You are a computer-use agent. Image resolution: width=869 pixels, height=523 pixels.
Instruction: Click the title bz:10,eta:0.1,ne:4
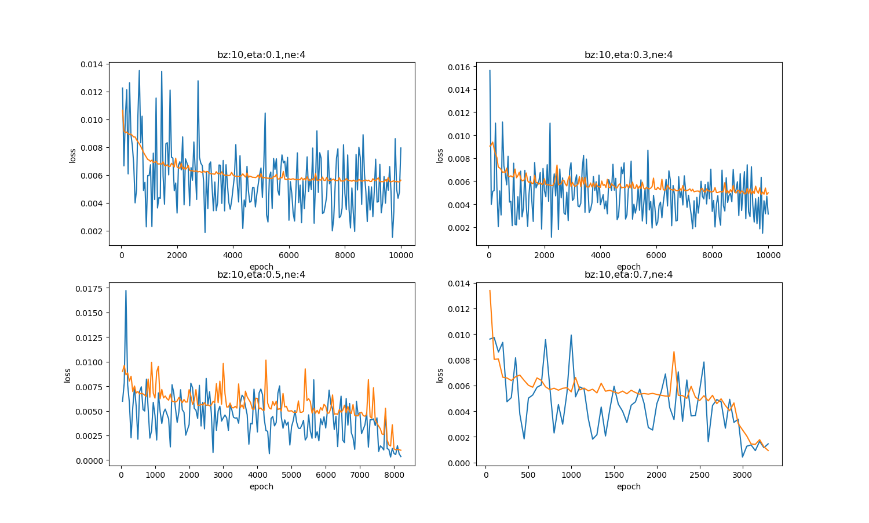[x=261, y=55]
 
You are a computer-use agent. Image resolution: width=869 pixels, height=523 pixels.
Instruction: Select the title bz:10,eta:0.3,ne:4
[x=629, y=55]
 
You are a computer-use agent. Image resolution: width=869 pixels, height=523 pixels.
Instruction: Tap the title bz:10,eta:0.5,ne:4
[x=261, y=275]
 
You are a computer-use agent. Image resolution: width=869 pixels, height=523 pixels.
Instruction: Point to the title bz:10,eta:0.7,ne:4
[x=629, y=275]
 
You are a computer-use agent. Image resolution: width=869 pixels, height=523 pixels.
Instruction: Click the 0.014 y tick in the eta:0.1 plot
[x=91, y=64]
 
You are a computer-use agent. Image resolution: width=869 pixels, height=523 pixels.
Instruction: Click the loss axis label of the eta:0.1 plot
[x=72, y=155]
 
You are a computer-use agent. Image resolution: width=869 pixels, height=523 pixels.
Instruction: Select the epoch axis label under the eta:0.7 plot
[x=629, y=487]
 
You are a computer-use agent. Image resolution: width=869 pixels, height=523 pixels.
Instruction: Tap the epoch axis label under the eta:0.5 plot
[x=261, y=487]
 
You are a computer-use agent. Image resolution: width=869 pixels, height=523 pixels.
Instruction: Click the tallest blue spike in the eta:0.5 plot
[x=126, y=291]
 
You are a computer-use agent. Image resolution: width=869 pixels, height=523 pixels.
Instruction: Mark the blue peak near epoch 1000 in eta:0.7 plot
[x=571, y=335]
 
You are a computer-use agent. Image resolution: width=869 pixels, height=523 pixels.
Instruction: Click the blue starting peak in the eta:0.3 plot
[x=490, y=71]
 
